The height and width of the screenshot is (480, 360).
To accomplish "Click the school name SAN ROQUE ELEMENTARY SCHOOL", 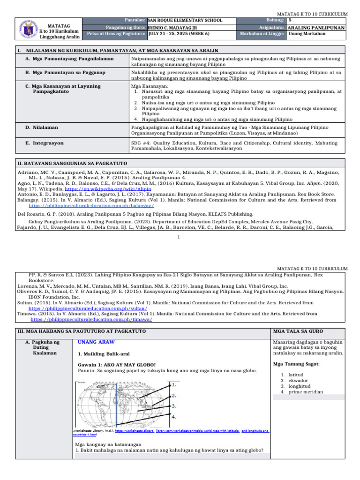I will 185,21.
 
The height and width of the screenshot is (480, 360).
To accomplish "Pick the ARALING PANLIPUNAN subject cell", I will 316,28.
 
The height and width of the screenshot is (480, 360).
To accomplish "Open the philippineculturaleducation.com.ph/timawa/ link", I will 91,319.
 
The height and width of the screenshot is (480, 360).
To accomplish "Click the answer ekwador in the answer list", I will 298,380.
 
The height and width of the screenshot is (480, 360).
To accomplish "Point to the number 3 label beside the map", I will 174,406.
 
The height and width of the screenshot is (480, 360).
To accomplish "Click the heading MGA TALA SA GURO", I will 297,331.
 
